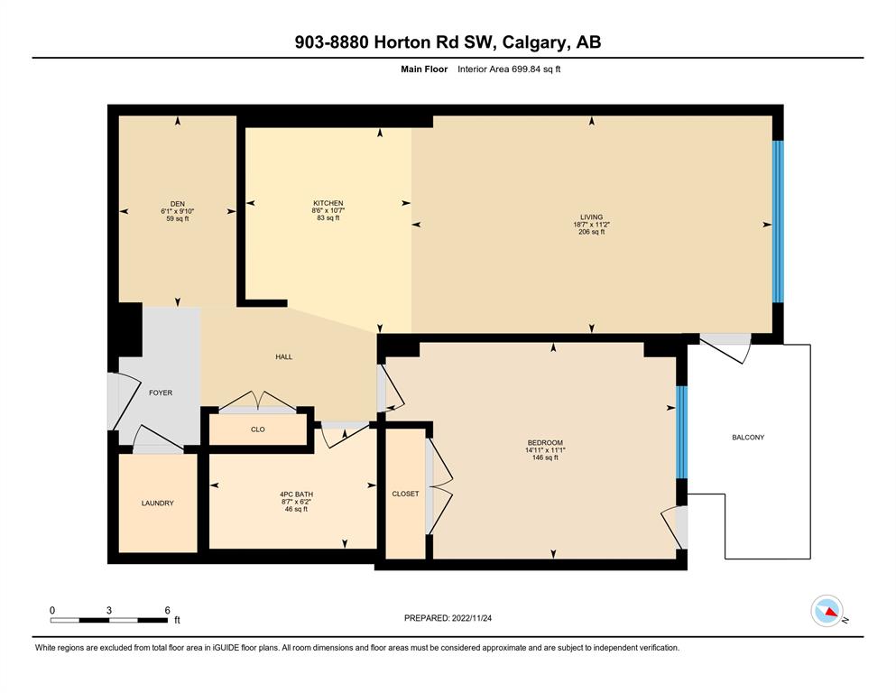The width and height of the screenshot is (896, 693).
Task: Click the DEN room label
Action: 177,204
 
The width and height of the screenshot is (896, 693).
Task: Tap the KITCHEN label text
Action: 328,203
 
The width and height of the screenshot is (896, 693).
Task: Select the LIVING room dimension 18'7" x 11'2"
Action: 591,225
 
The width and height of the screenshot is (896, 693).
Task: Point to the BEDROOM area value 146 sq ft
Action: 545,457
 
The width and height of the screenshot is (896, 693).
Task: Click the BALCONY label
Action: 748,438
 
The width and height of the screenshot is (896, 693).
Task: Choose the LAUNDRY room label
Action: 158,504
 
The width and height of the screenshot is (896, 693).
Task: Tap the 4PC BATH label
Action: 296,494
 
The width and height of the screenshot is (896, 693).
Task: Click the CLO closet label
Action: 258,430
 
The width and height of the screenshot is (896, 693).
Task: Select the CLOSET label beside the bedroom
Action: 405,494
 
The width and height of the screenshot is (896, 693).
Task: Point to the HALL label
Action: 284,357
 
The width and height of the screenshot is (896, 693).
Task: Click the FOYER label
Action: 161,393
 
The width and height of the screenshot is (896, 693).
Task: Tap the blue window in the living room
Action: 778,222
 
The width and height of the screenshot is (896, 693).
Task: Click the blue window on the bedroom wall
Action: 682,432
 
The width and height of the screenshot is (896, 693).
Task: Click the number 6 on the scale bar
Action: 168,610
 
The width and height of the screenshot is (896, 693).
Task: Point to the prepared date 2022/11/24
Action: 471,618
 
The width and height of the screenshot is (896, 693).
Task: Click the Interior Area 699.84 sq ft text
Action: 509,69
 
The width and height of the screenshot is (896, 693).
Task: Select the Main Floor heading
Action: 424,69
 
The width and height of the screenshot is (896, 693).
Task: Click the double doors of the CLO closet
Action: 258,401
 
